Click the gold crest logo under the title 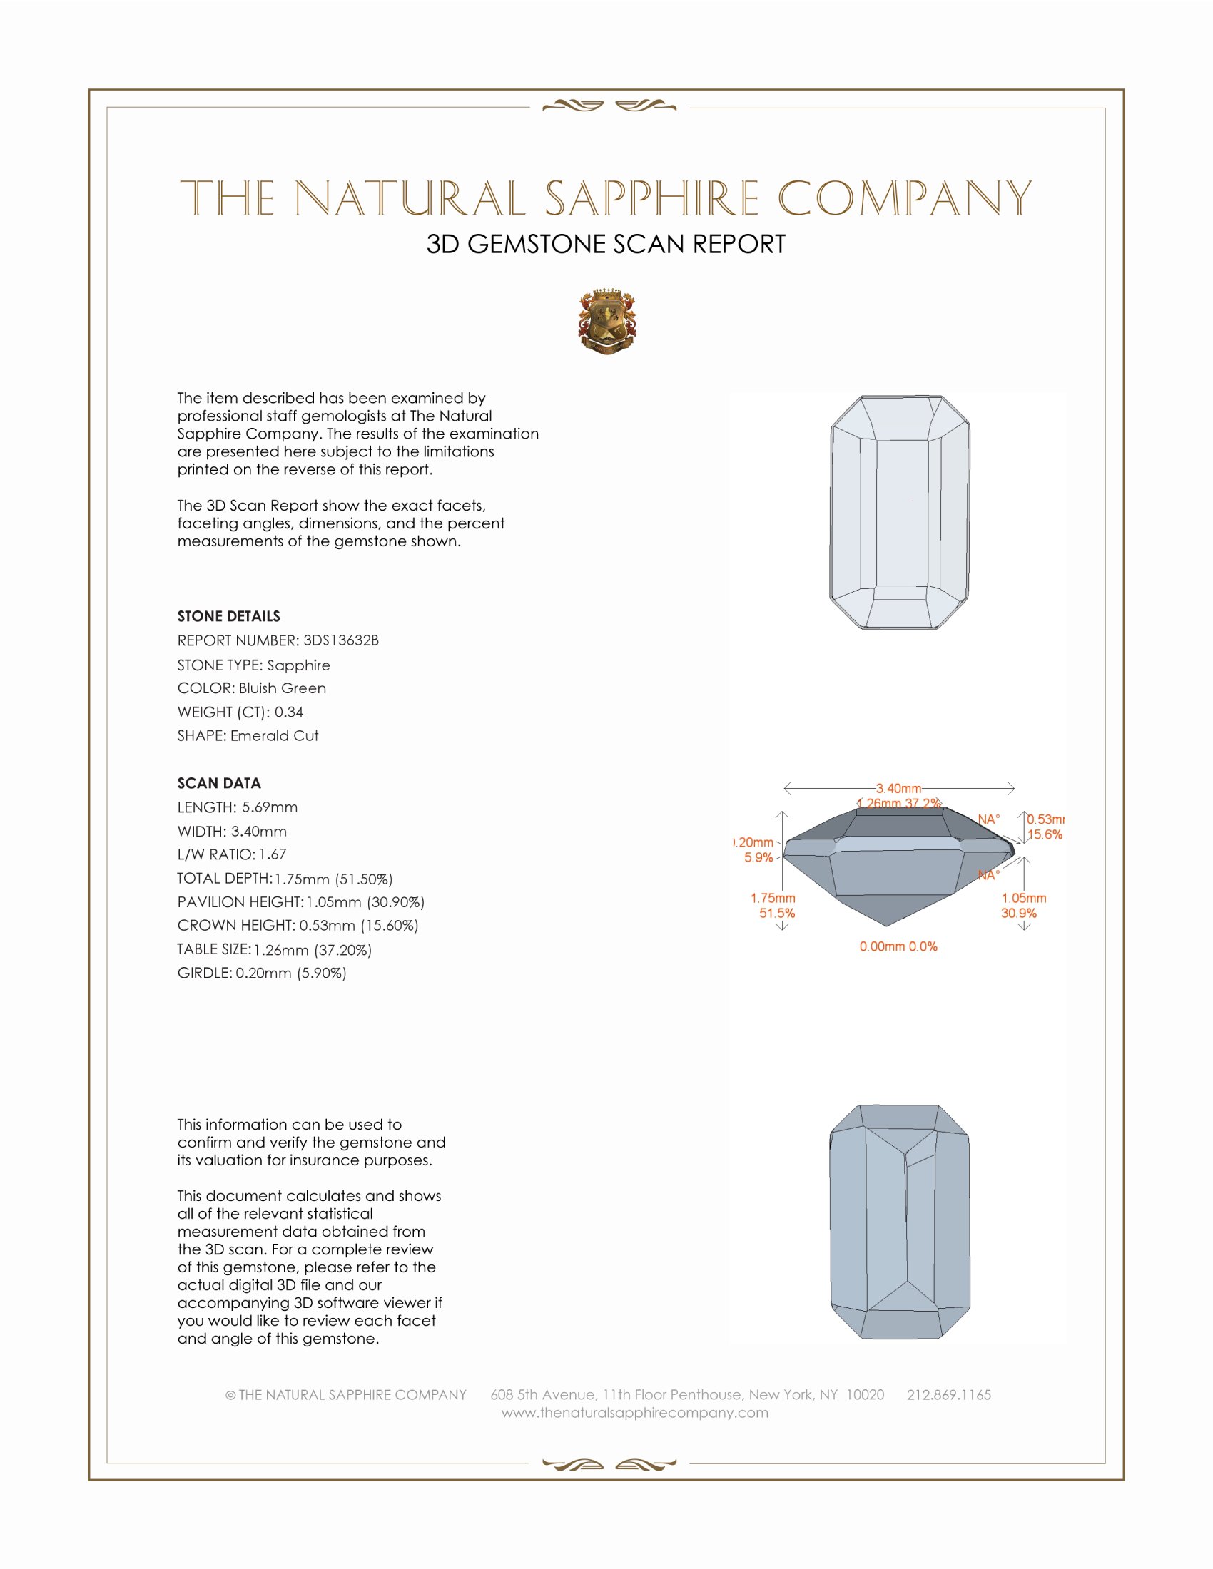point(607,322)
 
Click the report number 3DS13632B point(340,640)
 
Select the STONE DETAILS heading point(228,616)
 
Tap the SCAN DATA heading point(219,783)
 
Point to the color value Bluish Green point(283,688)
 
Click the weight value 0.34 point(289,712)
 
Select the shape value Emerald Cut point(275,736)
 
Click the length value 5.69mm point(270,807)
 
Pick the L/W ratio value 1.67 point(273,854)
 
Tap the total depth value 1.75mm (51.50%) point(333,879)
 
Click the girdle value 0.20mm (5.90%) point(291,973)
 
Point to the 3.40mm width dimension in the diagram point(898,788)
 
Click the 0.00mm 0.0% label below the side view point(898,946)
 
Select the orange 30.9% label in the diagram point(1018,913)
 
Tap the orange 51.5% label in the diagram point(777,913)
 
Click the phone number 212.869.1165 point(948,1394)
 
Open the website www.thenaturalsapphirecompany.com point(634,1412)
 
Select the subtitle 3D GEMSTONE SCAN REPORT point(606,244)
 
